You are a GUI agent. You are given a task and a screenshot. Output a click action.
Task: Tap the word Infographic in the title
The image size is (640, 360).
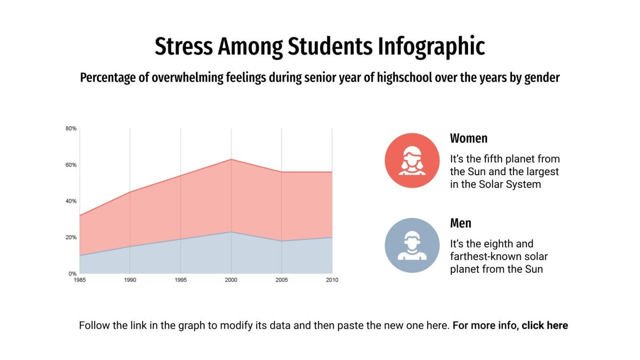click(x=431, y=46)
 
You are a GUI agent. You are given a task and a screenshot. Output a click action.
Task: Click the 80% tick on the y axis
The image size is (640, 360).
click(x=71, y=129)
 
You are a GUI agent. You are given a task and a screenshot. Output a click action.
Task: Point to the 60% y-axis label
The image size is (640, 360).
click(x=71, y=165)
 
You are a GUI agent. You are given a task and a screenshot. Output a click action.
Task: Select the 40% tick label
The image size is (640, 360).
click(x=71, y=202)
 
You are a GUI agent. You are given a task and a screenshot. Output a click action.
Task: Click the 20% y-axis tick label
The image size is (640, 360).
click(x=71, y=237)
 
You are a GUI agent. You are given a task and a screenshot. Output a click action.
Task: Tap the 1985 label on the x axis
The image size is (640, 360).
click(x=80, y=280)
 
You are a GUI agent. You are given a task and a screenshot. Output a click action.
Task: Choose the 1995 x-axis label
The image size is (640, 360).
click(x=181, y=280)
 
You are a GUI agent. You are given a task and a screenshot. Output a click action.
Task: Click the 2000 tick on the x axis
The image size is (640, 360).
click(x=231, y=280)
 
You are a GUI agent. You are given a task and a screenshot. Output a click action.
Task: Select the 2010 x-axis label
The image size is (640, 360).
click(x=331, y=280)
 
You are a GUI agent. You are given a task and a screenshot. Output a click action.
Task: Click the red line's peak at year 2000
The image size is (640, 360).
click(x=231, y=159)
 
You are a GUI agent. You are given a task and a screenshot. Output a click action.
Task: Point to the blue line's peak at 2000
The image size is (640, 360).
click(x=231, y=232)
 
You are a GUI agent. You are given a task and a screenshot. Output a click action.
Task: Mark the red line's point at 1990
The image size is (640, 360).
click(x=130, y=192)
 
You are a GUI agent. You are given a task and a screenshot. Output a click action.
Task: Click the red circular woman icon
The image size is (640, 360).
click(x=412, y=160)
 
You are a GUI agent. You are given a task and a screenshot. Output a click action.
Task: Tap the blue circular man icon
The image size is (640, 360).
click(x=412, y=245)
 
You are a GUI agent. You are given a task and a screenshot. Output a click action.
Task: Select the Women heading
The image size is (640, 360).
click(x=469, y=139)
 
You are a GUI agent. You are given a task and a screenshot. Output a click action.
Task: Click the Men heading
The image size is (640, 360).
click(x=460, y=224)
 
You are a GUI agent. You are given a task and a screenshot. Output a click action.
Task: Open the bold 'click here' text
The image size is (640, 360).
click(x=545, y=326)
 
